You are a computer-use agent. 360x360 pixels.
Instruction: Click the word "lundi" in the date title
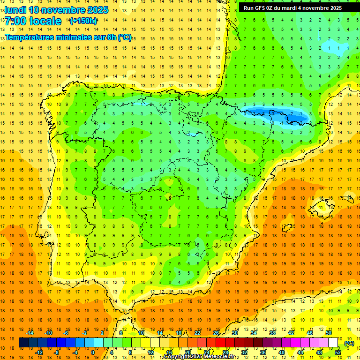coord(15,10)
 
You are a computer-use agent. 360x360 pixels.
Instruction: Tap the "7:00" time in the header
coord(15,21)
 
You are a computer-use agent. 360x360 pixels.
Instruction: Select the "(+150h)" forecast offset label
coord(83,21)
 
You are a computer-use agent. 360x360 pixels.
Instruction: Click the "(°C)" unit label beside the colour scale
coord(349,343)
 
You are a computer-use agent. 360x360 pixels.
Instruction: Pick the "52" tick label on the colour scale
coord(338,352)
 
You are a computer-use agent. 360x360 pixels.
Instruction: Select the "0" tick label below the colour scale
coord(92,352)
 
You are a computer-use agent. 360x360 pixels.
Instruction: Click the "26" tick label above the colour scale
coord(216,333)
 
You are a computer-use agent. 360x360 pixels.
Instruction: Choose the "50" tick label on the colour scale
coord(329,333)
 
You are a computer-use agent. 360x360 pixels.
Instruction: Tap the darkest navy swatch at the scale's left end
coord(24,343)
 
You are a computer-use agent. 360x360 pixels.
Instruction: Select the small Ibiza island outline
coord(287,228)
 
